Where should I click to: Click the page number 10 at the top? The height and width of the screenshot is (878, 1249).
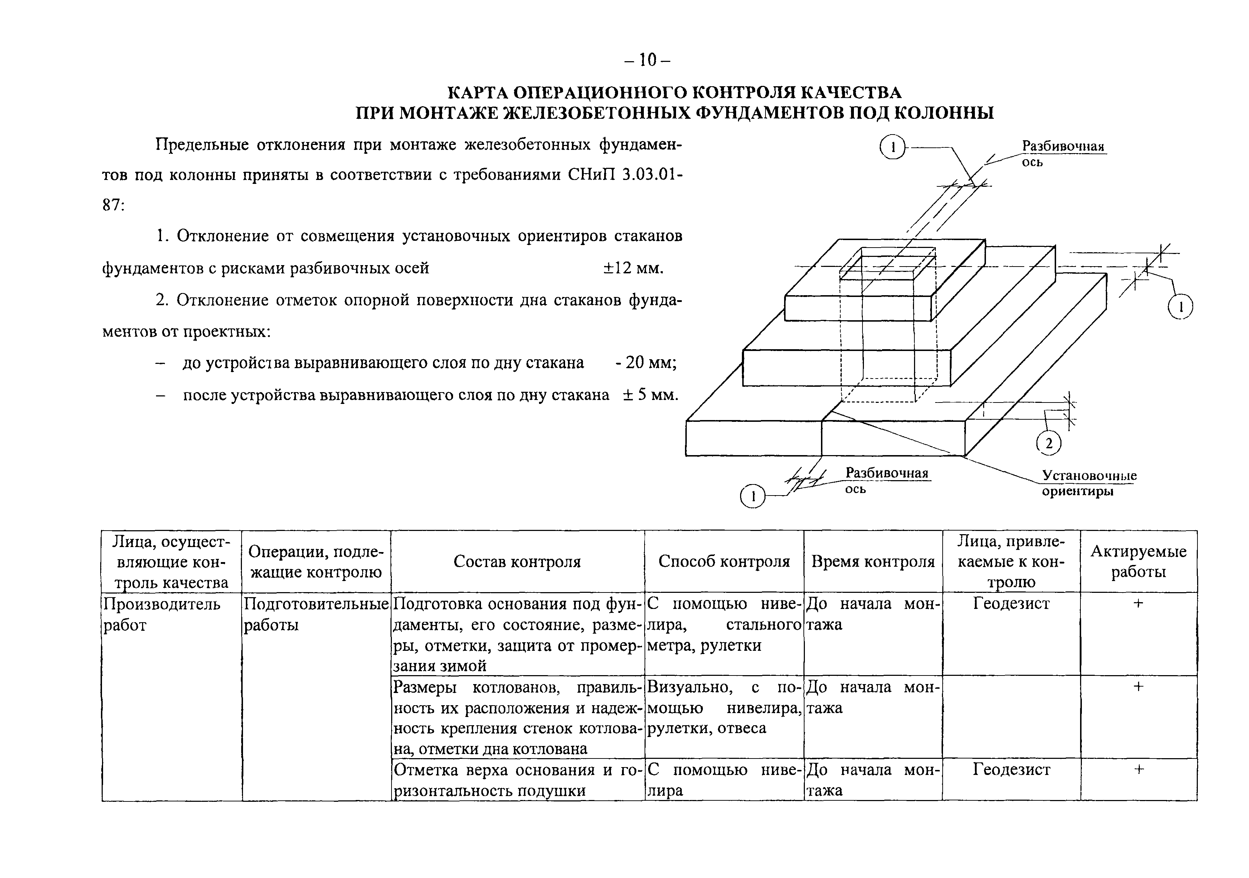click(647, 60)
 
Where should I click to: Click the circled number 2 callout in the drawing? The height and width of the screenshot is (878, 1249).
click(1048, 443)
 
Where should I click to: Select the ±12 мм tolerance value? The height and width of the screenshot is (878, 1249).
click(633, 268)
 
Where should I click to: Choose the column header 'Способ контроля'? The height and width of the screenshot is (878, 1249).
click(724, 561)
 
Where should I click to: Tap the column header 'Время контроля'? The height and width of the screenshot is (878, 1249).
click(873, 561)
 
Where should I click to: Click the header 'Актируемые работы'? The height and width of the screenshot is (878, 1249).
click(1138, 561)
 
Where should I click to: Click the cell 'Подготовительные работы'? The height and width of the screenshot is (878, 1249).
click(316, 615)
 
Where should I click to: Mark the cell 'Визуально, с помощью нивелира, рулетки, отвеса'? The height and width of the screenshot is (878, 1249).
click(724, 708)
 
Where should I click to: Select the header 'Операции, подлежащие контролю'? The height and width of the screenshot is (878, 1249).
click(316, 561)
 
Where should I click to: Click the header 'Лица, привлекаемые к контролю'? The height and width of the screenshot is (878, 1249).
click(1011, 561)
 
